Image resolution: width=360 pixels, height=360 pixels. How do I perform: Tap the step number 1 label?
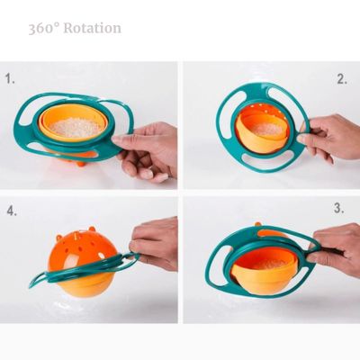pos(11,79)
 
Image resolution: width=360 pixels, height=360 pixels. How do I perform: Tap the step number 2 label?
pos(342,79)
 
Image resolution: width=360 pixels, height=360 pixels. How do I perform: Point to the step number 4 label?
pos(12,212)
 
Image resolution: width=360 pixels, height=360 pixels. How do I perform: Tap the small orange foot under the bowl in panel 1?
pos(81,162)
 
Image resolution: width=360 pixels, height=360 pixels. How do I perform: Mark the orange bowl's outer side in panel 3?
pos(261,281)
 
